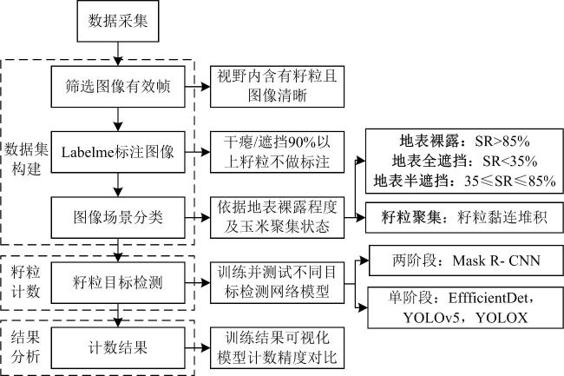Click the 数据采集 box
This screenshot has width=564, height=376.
click(118, 21)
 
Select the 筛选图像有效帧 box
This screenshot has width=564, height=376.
click(118, 86)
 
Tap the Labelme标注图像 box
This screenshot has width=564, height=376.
click(118, 152)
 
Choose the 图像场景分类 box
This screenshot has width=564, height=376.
click(118, 217)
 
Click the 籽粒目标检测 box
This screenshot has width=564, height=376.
click(118, 282)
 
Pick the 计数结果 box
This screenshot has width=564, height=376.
click(118, 348)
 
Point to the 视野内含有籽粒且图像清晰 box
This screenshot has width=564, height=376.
click(277, 86)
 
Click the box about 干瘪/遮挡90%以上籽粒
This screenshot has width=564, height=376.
click(277, 152)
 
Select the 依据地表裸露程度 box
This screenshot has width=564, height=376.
click(277, 217)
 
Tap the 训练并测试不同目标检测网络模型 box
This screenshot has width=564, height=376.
click(277, 282)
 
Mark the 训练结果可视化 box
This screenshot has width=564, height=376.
click(277, 348)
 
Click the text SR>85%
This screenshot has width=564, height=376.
click(502, 142)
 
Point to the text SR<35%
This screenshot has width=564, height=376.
click(510, 162)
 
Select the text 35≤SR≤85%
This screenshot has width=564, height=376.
click(510, 181)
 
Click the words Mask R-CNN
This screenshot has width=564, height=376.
click(496, 261)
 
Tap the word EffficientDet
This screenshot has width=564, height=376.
click(489, 298)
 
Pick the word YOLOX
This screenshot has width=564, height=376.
click(502, 318)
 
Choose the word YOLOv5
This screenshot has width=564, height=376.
click(431, 318)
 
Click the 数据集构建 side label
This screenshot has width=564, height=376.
click(26, 159)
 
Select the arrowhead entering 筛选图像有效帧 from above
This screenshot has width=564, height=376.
click(118, 61)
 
